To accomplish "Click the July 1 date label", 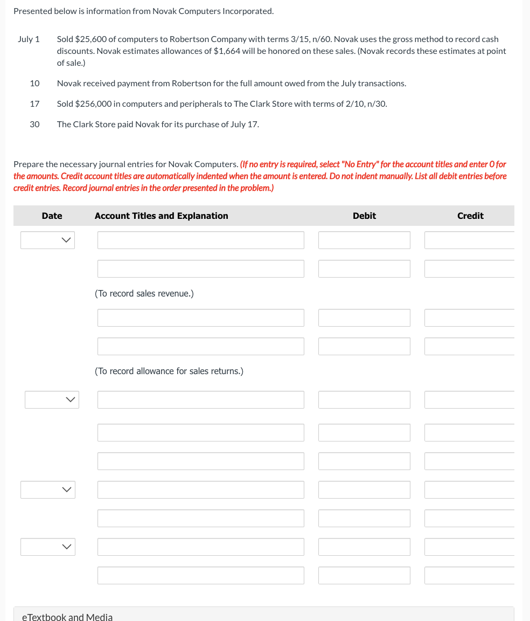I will (x=29, y=39).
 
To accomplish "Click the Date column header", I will (x=52, y=216).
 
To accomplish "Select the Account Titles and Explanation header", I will (x=161, y=216).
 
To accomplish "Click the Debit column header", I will (x=364, y=216).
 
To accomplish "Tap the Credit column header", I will (x=470, y=216).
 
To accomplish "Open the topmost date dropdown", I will (x=47, y=240).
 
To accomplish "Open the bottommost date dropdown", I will (x=47, y=547).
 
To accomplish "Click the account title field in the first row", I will (x=200, y=240).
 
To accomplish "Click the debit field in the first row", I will (x=364, y=240).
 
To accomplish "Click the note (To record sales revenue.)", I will (x=144, y=294).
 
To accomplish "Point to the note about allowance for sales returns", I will (x=169, y=371).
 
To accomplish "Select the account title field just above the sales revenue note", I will (x=200, y=269).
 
